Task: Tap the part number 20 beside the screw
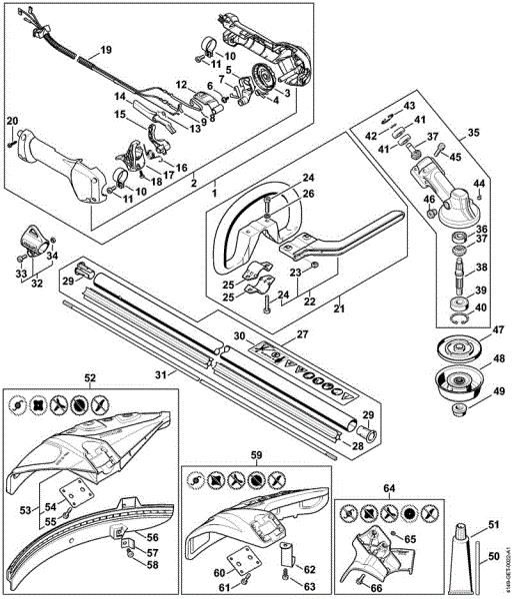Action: [12, 121]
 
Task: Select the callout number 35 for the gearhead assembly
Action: [474, 131]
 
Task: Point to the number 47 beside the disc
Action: [497, 329]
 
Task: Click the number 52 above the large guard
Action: [90, 379]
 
